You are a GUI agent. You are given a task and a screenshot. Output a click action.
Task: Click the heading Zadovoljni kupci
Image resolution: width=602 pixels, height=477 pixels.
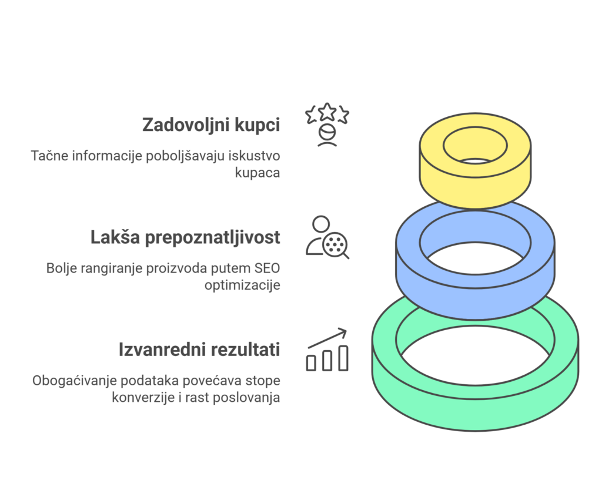click(x=211, y=125)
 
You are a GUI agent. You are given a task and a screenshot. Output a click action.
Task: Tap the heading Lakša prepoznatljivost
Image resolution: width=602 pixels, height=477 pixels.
click(x=185, y=237)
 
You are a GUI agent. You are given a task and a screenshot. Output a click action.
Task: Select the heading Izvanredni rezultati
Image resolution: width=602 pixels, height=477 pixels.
click(x=199, y=350)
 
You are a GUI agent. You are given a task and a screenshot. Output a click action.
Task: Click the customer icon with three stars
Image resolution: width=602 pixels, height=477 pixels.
click(x=327, y=125)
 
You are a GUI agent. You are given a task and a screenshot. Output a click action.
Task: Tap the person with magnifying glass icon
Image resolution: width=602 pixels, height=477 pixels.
click(x=327, y=237)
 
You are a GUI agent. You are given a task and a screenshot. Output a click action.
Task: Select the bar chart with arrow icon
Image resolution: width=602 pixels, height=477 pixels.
click(x=327, y=350)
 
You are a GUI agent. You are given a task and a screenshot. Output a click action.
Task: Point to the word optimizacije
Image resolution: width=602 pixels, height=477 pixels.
click(x=242, y=285)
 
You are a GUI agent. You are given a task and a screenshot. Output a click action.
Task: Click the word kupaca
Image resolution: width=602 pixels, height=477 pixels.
click(x=257, y=173)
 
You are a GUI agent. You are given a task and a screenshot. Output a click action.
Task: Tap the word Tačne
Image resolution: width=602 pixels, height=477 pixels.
click(x=49, y=156)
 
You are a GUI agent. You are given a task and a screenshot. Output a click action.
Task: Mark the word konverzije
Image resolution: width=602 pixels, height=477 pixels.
click(x=143, y=398)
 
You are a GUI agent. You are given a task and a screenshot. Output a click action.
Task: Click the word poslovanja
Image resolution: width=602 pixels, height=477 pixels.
click(x=246, y=398)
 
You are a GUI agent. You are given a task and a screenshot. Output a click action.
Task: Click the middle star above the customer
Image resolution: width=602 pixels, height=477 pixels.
click(x=327, y=111)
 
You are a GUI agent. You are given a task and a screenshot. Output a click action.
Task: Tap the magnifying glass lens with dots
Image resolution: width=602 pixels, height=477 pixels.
click(x=335, y=244)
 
